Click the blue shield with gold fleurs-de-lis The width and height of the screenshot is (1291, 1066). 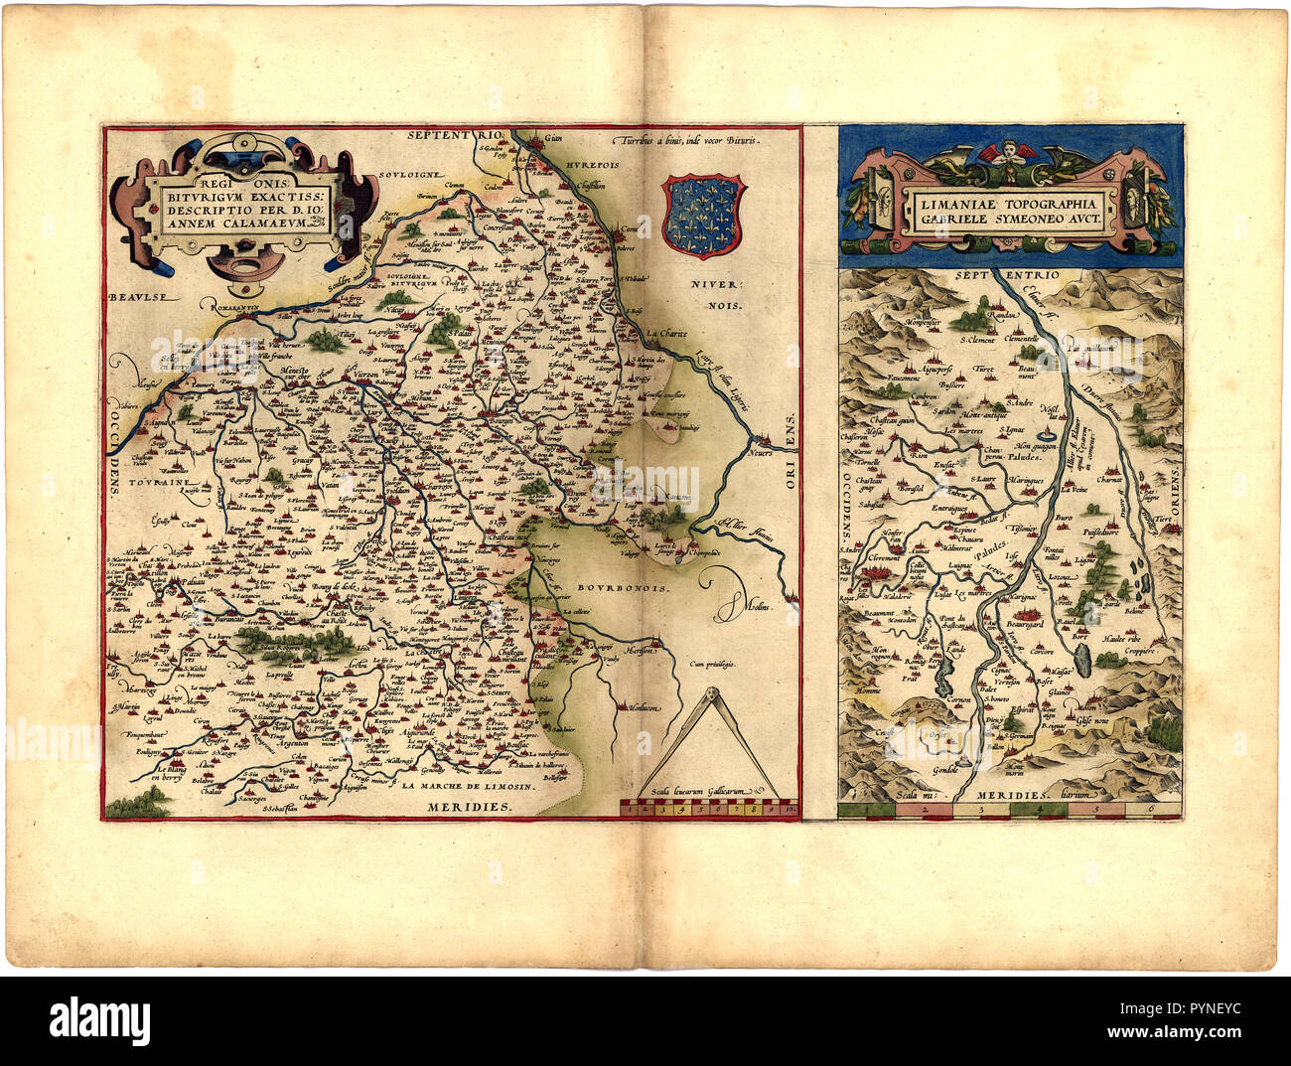(702, 216)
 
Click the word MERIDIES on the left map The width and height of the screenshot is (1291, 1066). (470, 808)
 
